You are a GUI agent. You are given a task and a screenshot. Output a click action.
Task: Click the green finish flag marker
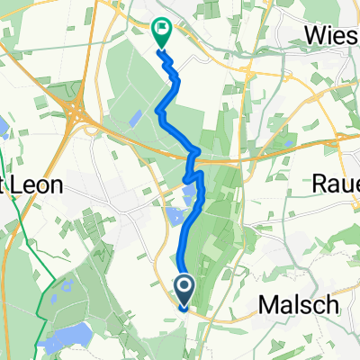point(161,34)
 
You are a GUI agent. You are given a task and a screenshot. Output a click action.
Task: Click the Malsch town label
point(301,306)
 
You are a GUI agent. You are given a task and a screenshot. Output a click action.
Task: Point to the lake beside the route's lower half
point(175,216)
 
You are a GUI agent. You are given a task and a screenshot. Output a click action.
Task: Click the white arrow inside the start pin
point(184,288)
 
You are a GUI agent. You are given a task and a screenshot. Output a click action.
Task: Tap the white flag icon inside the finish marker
point(162,30)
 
